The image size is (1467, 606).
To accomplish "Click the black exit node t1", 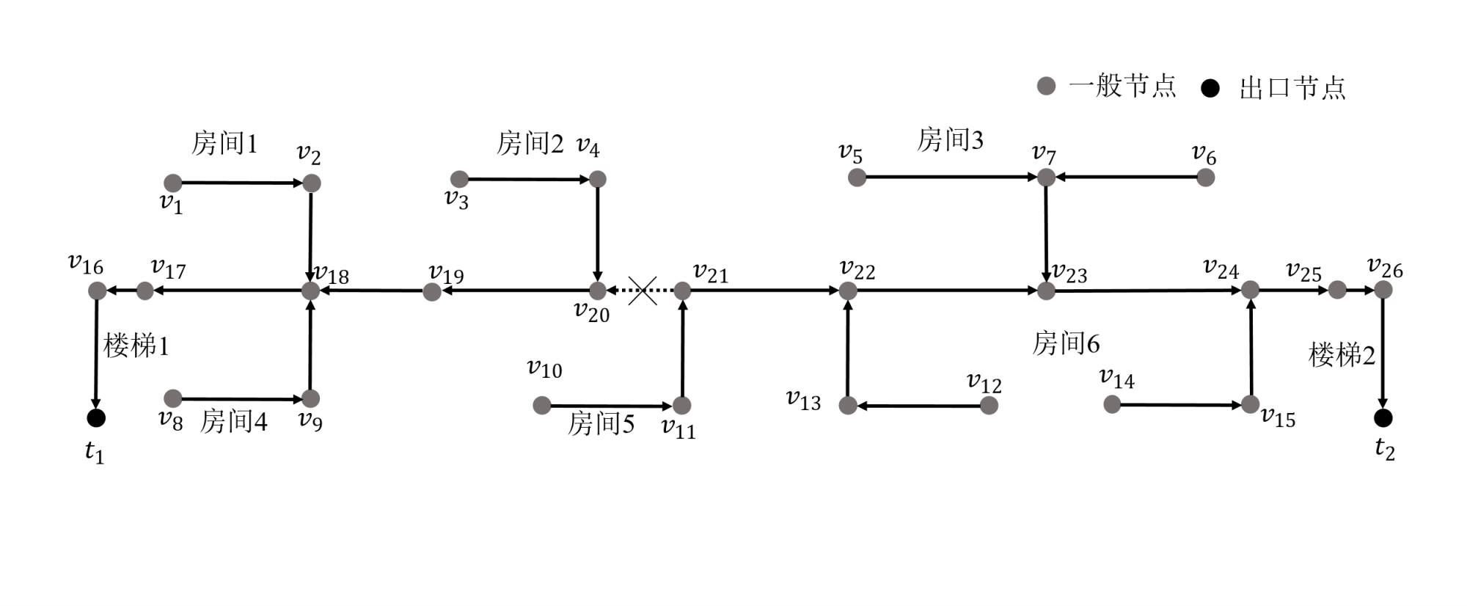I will click(96, 417).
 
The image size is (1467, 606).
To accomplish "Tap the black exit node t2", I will click(1383, 417).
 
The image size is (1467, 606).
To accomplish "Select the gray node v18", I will click(311, 291).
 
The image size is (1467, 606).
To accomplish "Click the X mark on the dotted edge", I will click(643, 291).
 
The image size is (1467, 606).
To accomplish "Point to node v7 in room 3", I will click(1046, 177).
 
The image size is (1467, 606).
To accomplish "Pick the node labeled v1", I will click(172, 183).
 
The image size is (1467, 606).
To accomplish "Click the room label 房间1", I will click(224, 143).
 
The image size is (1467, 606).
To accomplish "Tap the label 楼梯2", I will click(1342, 355).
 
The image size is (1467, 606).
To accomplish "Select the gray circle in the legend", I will click(1046, 86).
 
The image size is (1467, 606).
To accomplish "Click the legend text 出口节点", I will click(1292, 87).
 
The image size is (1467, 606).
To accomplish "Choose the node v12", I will click(989, 405).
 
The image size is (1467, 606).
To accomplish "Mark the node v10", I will click(541, 405).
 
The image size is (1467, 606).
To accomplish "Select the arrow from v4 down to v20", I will click(598, 235).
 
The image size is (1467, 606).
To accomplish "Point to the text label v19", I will click(447, 275).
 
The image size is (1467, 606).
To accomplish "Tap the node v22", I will click(848, 291).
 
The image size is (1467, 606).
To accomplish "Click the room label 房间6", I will click(1066, 343).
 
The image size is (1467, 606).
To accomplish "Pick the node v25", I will click(1337, 290).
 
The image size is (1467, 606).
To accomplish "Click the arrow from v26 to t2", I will click(1383, 352).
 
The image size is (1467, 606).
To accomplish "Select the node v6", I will click(1205, 177).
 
